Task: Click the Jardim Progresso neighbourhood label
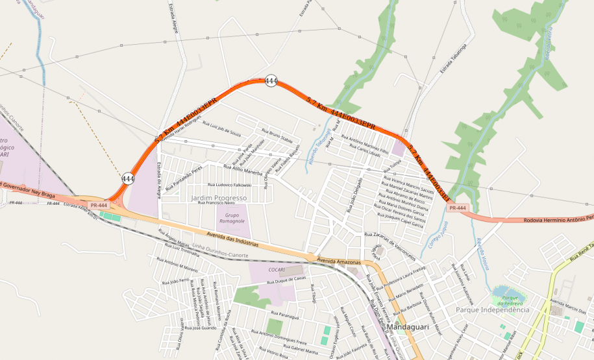(219, 197)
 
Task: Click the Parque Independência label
(493, 310)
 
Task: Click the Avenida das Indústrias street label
(232, 239)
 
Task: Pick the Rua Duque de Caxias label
(290, 278)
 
